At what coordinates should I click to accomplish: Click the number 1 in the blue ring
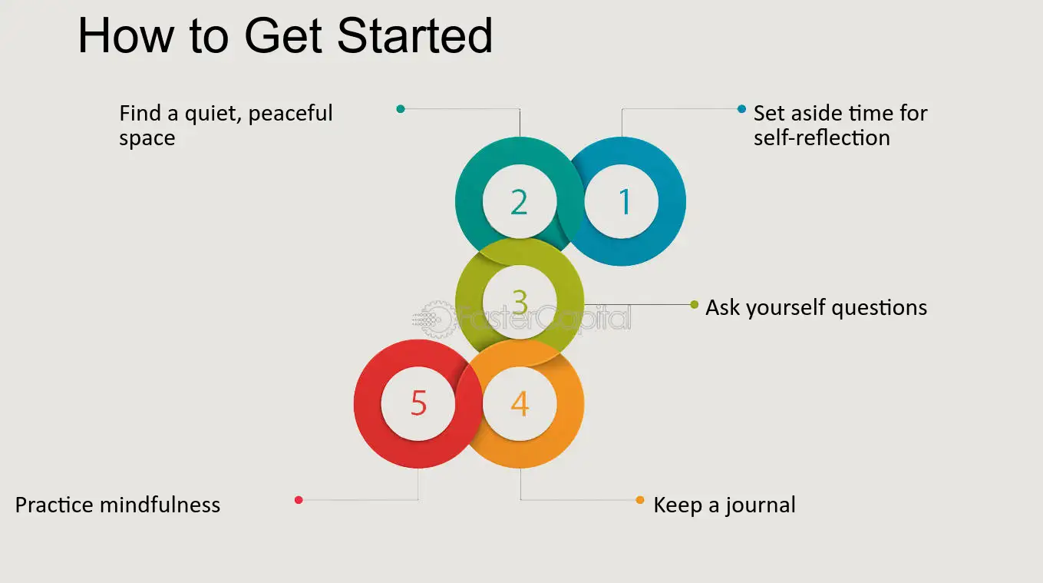[625, 202]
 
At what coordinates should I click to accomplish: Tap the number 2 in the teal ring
[519, 202]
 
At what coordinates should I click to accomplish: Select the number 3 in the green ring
[520, 303]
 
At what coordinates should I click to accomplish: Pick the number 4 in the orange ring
[520, 403]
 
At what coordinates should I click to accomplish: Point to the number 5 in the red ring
[418, 403]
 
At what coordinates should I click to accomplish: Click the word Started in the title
[414, 35]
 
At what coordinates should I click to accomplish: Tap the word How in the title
[125, 35]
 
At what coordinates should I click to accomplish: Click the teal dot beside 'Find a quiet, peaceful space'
[401, 109]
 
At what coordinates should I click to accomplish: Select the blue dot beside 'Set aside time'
[741, 109]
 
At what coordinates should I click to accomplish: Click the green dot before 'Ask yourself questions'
[695, 305]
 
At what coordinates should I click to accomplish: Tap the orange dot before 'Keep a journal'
[640, 500]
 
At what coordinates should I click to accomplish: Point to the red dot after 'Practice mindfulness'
[299, 500]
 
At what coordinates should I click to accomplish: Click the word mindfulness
[160, 505]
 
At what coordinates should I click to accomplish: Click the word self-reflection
[822, 138]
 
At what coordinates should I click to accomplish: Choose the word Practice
[54, 505]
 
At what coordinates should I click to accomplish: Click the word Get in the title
[283, 35]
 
